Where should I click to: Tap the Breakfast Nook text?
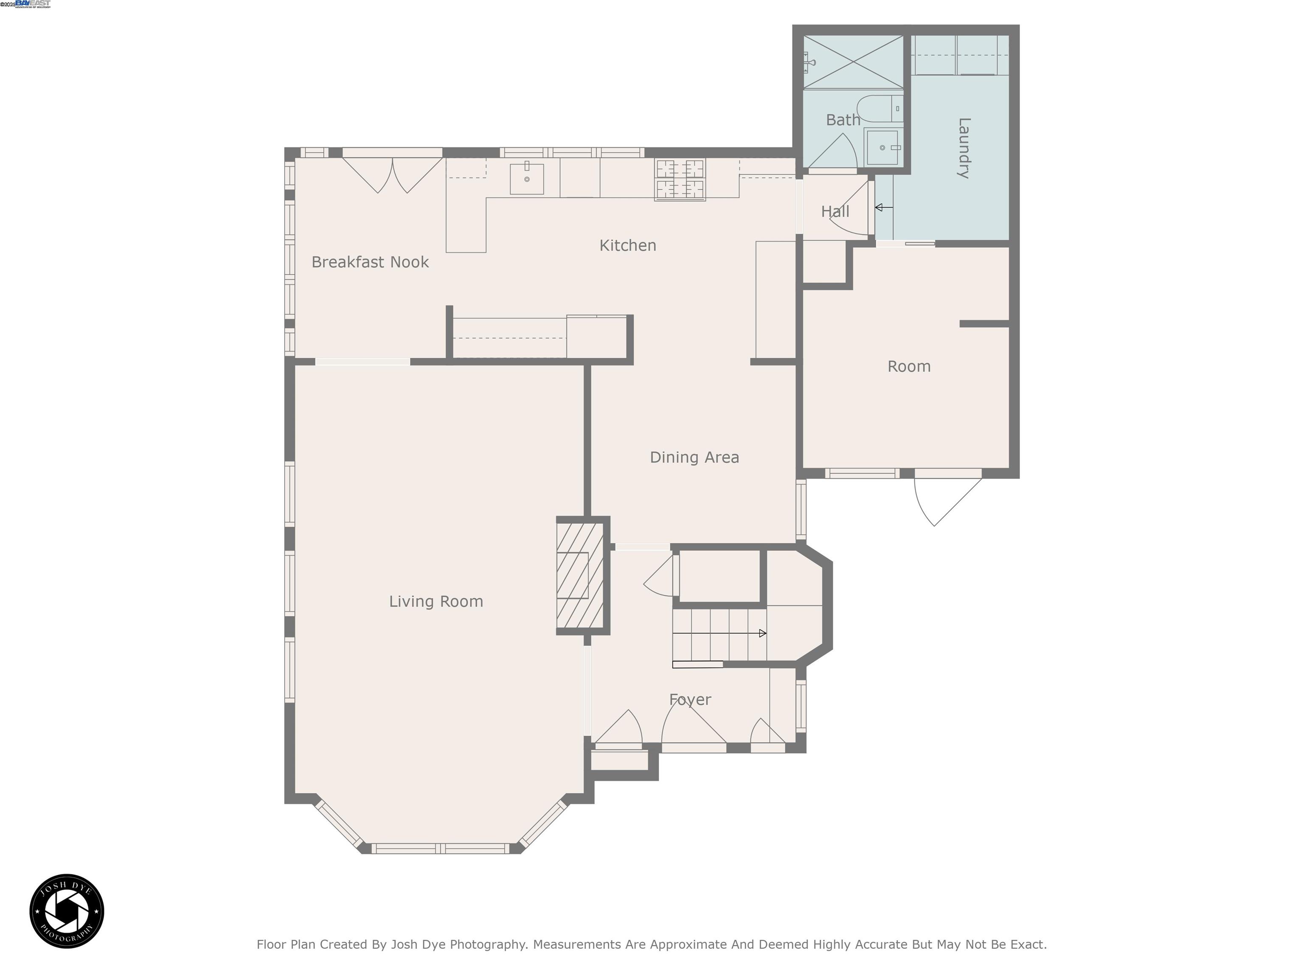[370, 262]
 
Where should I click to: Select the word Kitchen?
[627, 245]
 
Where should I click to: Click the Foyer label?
[690, 699]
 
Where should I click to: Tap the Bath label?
[843, 120]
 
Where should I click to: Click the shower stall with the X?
[853, 62]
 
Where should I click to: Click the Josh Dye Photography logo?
[67, 911]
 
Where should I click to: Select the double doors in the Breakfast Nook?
[392, 174]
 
